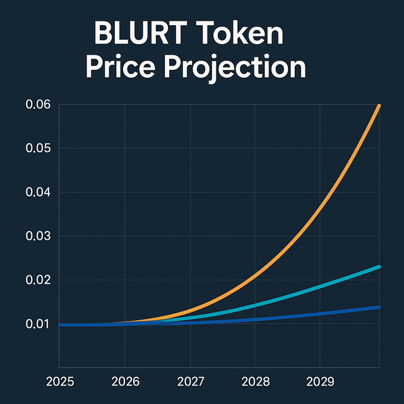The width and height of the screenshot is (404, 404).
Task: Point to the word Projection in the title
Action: click(x=243, y=68)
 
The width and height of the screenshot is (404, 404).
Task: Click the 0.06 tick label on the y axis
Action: click(x=38, y=105)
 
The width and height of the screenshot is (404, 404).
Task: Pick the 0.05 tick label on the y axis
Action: click(x=38, y=148)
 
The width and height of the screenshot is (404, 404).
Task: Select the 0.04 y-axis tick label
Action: click(x=38, y=192)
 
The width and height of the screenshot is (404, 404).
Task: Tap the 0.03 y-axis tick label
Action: click(x=38, y=236)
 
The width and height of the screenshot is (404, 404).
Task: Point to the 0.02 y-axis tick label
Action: click(x=38, y=280)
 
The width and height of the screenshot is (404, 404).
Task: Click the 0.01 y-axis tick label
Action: click(x=38, y=324)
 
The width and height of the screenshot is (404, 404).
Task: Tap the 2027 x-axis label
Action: click(x=190, y=381)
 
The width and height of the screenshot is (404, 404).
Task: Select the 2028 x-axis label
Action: click(x=255, y=381)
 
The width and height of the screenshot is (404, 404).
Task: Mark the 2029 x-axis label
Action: click(x=320, y=381)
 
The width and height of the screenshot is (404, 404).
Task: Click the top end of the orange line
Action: click(x=379, y=105)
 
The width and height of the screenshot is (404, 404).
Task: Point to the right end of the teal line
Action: click(x=379, y=266)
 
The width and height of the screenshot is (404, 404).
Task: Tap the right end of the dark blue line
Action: click(x=379, y=307)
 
